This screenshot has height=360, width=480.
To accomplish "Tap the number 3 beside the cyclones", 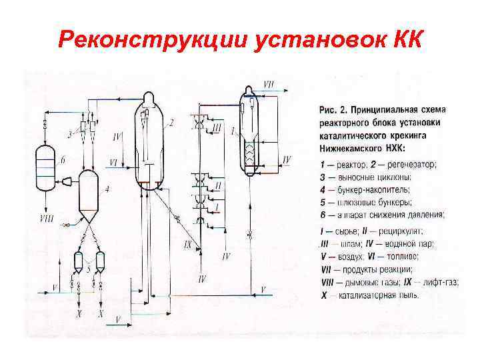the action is [69, 135].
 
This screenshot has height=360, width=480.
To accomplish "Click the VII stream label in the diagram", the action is [269, 85].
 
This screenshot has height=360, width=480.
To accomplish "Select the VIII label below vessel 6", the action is [46, 219].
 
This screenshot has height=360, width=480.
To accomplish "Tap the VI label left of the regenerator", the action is [114, 162].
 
